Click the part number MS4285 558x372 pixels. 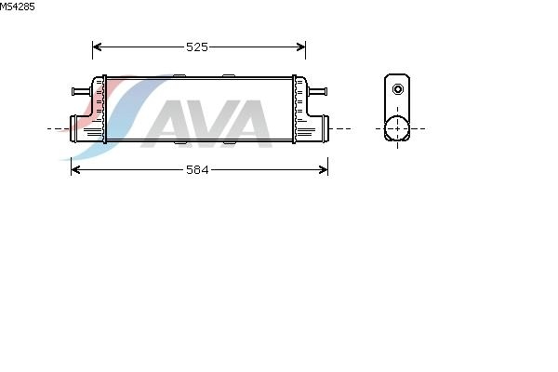coord(17,7)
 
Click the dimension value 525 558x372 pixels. coord(197,47)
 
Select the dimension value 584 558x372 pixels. coord(197,170)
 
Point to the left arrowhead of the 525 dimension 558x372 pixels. coord(97,47)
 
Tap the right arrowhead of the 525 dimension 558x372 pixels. coord(301,47)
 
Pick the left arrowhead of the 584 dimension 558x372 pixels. coord(75,170)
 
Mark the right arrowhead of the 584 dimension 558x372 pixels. coord(323,170)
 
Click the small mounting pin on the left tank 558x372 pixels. coord(82,91)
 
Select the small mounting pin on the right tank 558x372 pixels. coord(317,91)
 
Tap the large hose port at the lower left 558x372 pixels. coord(73,128)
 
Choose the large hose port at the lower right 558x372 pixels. coord(325,128)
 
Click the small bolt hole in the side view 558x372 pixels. coord(398,89)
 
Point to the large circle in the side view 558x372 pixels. coord(397,128)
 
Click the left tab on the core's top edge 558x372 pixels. coord(179,76)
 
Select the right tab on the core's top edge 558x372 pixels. coord(229,76)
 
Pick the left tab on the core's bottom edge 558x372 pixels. coord(180,142)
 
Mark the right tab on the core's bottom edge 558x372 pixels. coord(229,142)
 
